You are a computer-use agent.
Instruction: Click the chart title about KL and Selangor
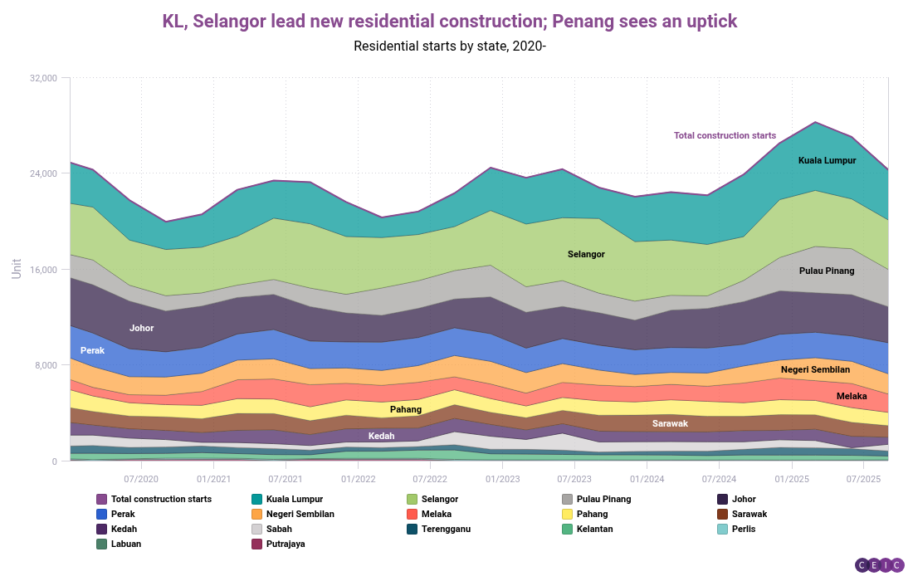pyautogui.click(x=449, y=22)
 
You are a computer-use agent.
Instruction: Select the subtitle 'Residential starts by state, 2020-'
pyautogui.click(x=449, y=46)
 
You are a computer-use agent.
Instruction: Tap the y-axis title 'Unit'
pyautogui.click(x=17, y=268)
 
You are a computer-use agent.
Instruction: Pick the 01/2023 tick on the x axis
pyautogui.click(x=502, y=479)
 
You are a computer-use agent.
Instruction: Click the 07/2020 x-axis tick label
pyautogui.click(x=141, y=479)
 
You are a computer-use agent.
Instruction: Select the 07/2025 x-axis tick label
pyautogui.click(x=863, y=479)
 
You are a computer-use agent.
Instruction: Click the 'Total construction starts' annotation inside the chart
pyautogui.click(x=725, y=135)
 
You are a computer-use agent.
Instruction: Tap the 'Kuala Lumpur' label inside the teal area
pyautogui.click(x=827, y=160)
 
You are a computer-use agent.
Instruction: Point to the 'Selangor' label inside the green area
pyautogui.click(x=586, y=254)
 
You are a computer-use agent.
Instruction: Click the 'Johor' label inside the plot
pyautogui.click(x=142, y=328)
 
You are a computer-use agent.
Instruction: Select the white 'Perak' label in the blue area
pyautogui.click(x=92, y=350)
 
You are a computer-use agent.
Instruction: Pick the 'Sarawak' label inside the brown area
pyautogui.click(x=670, y=423)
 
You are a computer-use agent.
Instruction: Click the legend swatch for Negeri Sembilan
pyautogui.click(x=256, y=514)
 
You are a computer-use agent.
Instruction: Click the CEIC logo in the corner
pyautogui.click(x=879, y=565)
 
